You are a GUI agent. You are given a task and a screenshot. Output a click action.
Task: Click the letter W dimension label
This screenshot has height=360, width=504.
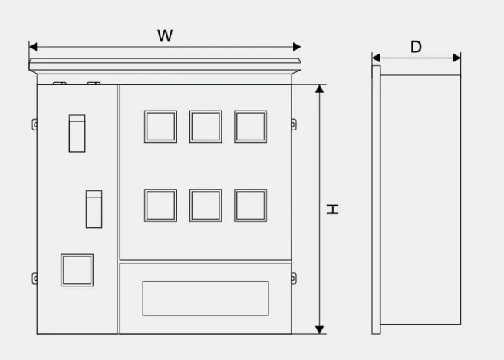pyautogui.click(x=165, y=36)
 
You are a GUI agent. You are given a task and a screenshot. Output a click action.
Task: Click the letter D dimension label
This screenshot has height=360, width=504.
pyautogui.click(x=416, y=47)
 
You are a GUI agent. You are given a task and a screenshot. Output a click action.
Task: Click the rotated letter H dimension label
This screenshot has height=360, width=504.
pyautogui.click(x=332, y=209)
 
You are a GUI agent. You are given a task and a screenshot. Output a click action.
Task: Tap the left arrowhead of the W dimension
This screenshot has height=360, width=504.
pyautogui.click(x=33, y=47)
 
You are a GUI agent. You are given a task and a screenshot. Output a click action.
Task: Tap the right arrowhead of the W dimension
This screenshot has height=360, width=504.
pyautogui.click(x=297, y=47)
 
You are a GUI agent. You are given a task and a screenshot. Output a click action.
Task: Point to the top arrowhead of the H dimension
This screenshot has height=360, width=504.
pyautogui.click(x=319, y=89)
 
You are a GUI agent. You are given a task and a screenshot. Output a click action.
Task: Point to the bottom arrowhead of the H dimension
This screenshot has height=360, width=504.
pyautogui.click(x=319, y=330)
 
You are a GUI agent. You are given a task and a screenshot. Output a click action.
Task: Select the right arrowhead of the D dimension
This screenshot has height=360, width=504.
pyautogui.click(x=456, y=58)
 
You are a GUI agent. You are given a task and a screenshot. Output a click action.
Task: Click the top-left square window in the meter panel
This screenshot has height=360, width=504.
pyautogui.click(x=160, y=127)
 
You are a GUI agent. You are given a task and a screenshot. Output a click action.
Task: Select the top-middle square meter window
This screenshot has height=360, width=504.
pyautogui.click(x=206, y=127)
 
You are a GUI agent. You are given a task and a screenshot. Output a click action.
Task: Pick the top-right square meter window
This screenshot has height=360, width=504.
pyautogui.click(x=251, y=127)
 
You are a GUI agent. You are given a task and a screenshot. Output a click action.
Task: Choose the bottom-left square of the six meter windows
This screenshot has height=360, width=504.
pyautogui.click(x=160, y=205)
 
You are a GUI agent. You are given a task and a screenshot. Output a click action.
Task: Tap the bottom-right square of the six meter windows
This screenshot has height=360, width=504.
pyautogui.click(x=251, y=205)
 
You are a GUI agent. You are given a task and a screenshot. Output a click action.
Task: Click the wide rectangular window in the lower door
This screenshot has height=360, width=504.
pyautogui.click(x=206, y=299)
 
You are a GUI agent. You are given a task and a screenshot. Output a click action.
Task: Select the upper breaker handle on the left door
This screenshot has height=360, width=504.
pyautogui.click(x=77, y=134)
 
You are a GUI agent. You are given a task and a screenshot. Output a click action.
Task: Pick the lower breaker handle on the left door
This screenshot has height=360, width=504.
pyautogui.click(x=94, y=209)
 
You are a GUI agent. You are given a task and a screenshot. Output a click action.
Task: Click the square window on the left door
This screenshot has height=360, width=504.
pyautogui.click(x=77, y=270)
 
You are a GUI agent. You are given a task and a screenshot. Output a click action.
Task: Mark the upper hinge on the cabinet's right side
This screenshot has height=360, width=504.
pyautogui.click(x=294, y=124)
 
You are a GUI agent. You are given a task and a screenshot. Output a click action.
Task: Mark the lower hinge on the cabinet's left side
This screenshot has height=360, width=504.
pyautogui.click(x=35, y=279)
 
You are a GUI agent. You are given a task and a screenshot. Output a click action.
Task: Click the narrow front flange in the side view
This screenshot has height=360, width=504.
pyautogui.click(x=376, y=200)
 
